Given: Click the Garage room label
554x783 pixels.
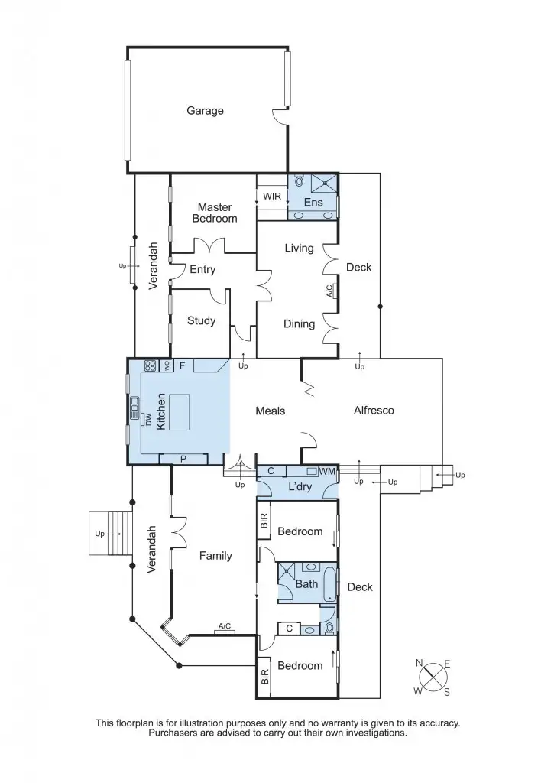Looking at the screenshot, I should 205,111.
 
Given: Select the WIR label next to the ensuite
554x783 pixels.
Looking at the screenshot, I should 272,197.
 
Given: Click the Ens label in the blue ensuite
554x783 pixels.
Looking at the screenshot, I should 313,203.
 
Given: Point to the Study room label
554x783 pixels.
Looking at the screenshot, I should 201,321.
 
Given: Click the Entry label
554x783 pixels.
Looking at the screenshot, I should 202,270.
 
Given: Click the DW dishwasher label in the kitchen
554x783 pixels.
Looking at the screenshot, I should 147,419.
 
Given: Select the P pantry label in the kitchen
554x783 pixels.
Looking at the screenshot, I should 183,459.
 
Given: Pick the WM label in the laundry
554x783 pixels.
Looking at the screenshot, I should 327,472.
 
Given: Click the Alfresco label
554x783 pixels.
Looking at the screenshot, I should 374,411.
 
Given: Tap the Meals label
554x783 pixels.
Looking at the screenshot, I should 270,411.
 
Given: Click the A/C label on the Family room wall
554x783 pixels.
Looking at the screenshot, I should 225,627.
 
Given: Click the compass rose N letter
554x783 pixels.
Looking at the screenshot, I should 420,662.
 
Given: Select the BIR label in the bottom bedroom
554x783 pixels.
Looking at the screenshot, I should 264,676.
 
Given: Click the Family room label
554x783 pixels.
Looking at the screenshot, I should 215,556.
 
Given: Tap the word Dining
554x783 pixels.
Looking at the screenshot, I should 299,324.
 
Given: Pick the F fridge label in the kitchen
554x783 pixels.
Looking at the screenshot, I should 182,366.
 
